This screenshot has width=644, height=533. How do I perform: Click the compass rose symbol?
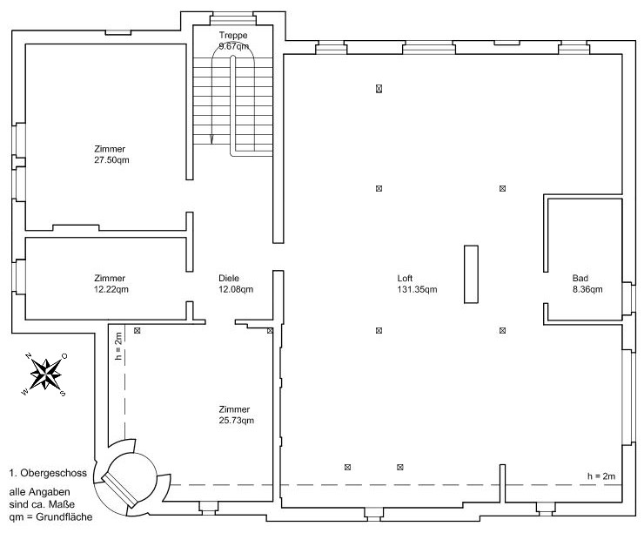coord(45,374)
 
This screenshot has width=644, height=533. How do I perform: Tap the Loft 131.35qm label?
coord(417,284)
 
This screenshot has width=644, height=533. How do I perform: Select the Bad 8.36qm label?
coord(587,284)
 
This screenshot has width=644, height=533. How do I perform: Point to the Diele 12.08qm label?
coord(236,284)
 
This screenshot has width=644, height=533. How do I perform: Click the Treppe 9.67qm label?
coord(234,41)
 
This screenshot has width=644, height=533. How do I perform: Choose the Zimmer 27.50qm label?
coord(111,154)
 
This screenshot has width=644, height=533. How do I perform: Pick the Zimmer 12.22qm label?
coord(111,284)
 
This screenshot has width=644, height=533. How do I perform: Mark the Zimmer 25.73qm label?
coord(236,415)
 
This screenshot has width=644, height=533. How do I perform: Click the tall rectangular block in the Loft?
coord(471,274)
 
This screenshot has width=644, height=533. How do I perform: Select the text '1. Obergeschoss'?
coord(48,473)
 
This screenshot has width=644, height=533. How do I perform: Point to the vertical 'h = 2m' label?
coord(118,347)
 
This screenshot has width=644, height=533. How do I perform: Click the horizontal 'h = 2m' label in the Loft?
coord(601,476)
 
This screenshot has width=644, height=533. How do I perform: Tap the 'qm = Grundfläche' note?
coord(50,517)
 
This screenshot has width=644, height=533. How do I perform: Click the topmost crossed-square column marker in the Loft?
coord(379,88)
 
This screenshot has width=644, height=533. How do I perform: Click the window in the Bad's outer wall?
coord(628,299)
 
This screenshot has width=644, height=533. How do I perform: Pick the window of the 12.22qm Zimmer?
coord(19,277)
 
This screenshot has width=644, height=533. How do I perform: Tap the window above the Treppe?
coord(233,18)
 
